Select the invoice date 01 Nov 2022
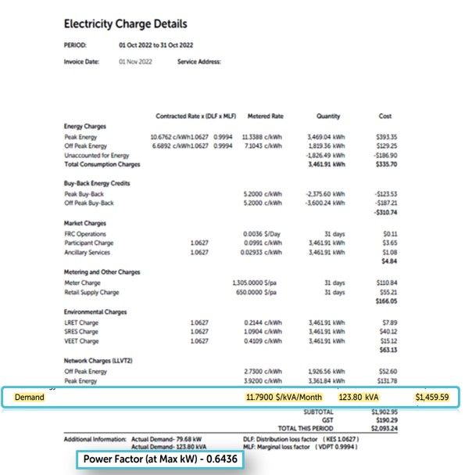pos(135,61)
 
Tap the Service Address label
pos(199,61)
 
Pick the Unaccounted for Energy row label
pos(98,155)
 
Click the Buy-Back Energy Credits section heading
pos(97,183)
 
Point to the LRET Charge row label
pos(81,322)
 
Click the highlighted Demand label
pos(30,398)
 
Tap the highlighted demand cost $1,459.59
pos(432,398)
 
